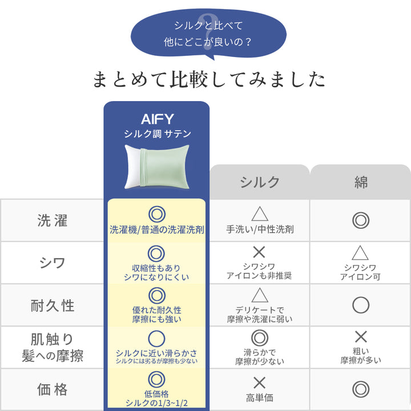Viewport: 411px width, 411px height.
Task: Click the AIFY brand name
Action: pos(158,119)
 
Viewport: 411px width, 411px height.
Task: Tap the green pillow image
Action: pos(157,167)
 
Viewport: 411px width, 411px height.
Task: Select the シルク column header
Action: pos(260,182)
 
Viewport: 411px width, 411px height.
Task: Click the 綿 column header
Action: pos(361,182)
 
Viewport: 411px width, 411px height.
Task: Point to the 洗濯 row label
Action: pos(52,220)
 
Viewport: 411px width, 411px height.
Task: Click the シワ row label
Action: pos(52,263)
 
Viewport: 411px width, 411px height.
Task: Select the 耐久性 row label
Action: pos(52,305)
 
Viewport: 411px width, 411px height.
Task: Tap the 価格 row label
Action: pos(52,389)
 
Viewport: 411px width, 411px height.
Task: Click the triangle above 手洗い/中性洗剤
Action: pos(260,214)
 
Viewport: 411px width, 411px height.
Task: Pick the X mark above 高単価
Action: pos(260,383)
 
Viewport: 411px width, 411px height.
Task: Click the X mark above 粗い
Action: pos(361,337)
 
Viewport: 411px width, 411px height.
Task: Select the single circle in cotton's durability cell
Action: pos(361,305)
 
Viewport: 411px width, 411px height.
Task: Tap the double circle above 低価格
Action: pos(157,380)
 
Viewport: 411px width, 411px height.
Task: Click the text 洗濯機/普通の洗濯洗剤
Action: pos(157,229)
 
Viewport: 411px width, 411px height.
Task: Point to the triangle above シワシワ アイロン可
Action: pos(360,253)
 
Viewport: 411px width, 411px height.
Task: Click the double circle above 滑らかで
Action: pos(260,338)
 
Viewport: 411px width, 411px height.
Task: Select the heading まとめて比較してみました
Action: pos(209,79)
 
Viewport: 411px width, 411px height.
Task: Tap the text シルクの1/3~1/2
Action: pos(157,403)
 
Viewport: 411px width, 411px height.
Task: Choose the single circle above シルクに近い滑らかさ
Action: pos(157,339)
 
